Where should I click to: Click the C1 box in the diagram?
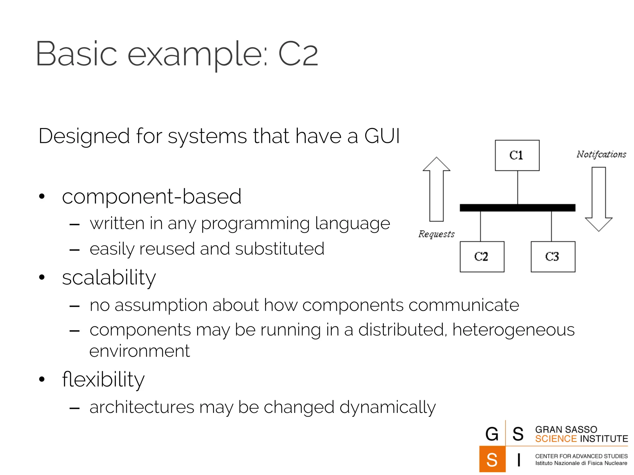point(517,155)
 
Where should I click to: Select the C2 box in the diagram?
point(482,257)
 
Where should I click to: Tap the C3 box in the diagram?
point(553,257)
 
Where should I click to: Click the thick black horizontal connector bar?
point(517,208)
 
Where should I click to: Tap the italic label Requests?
point(436,234)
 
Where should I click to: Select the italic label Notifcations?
point(601,154)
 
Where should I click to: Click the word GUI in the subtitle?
point(382,136)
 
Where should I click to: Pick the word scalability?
point(109,277)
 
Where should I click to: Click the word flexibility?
point(103,379)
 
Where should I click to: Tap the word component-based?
point(151,197)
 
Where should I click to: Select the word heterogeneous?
point(513,330)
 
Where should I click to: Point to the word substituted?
point(280,249)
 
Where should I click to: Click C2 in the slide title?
point(298,54)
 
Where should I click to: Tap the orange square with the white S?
point(492,459)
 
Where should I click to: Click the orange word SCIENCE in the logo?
point(556,439)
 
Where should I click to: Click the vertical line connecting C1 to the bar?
point(517,187)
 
